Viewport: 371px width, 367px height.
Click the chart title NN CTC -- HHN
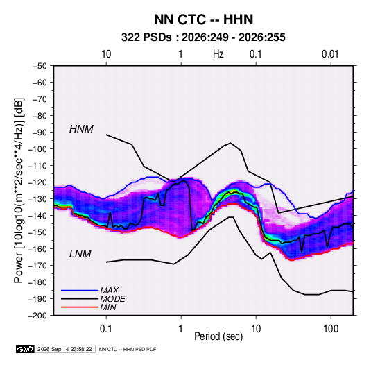pos(203,19)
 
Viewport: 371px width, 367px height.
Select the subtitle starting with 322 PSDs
pos(203,37)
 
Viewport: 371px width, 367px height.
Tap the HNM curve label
pos(81,129)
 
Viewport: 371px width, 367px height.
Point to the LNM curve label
pos(80,254)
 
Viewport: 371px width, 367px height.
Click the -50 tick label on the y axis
pos(40,66)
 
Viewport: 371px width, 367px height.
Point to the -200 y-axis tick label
pos(37,316)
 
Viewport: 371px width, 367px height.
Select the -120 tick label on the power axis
pos(37,182)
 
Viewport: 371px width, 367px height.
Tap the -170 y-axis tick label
pos(37,266)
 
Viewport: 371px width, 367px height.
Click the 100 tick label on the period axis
pos(331,329)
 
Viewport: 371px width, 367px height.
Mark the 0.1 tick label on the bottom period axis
pos(106,329)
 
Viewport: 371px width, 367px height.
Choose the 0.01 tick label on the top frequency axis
pos(330,54)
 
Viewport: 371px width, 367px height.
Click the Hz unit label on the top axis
pos(218,54)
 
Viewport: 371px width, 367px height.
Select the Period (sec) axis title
pos(218,336)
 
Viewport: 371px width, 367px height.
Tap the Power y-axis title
pos(19,190)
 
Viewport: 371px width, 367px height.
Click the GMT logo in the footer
pos(26,349)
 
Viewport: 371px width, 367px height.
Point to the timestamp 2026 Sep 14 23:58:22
pos(64,349)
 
